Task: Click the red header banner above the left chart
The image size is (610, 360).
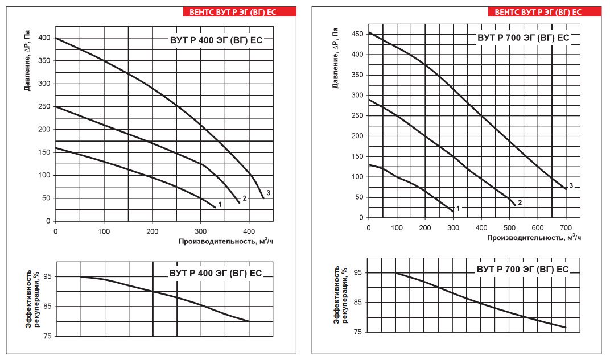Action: coord(240,12)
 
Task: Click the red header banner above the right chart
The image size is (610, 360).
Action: coord(545,12)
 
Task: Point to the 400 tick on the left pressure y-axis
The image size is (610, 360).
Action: coord(44,38)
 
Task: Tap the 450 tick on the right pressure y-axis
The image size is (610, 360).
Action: coord(357,34)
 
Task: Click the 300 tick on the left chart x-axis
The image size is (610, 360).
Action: coord(201,231)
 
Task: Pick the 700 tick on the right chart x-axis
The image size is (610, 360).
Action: coord(566,228)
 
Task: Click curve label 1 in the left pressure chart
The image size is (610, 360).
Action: coord(220,204)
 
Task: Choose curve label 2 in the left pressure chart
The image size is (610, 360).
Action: coord(245,198)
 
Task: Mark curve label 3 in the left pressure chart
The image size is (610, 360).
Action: coord(269,193)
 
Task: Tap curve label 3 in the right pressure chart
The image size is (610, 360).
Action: coord(571,186)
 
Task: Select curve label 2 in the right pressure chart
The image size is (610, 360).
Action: coord(520,202)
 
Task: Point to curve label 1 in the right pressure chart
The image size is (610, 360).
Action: coord(458,209)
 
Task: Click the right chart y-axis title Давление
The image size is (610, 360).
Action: coord(335,58)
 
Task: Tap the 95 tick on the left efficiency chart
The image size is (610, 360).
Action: coord(47,277)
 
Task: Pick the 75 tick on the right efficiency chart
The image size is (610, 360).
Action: coord(358,332)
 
